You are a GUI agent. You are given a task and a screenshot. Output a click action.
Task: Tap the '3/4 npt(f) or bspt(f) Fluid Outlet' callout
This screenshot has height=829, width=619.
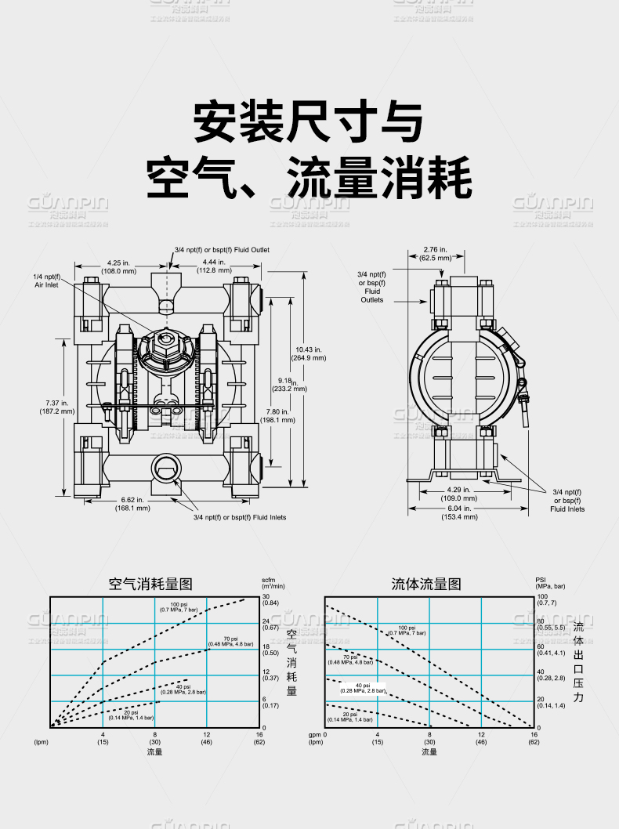click(x=222, y=250)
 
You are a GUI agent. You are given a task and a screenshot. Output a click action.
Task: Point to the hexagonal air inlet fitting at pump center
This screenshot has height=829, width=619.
click(x=166, y=338)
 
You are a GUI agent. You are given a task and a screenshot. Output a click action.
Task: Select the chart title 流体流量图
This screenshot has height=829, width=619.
click(x=426, y=584)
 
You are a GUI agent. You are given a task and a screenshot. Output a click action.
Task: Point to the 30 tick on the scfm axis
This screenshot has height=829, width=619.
click(x=266, y=597)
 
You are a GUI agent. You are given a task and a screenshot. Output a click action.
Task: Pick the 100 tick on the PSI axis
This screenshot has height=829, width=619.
click(x=541, y=597)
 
